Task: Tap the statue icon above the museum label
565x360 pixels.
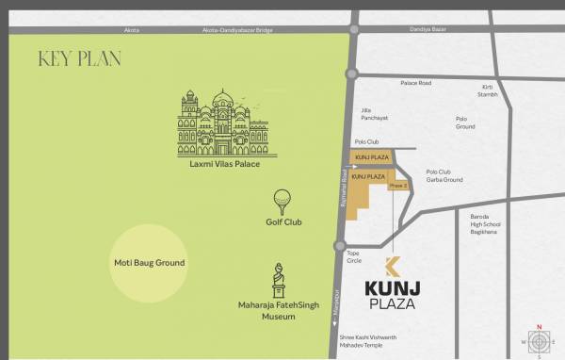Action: [x=280, y=280]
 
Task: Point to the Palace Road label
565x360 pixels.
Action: [x=415, y=84]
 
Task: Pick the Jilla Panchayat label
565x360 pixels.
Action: [x=374, y=114]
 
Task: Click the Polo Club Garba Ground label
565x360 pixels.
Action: [x=444, y=176]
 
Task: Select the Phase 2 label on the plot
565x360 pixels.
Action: [x=398, y=187]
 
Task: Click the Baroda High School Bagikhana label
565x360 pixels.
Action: [x=486, y=224]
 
